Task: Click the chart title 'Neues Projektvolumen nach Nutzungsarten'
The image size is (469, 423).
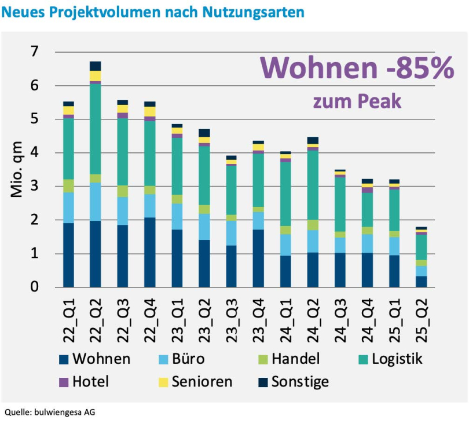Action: pos(153,12)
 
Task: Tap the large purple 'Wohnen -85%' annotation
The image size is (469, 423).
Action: pos(356,68)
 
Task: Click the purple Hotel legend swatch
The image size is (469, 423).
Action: pos(63,382)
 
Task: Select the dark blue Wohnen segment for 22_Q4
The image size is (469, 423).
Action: pos(150,253)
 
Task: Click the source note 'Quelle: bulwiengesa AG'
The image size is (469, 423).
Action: pos(50,413)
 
